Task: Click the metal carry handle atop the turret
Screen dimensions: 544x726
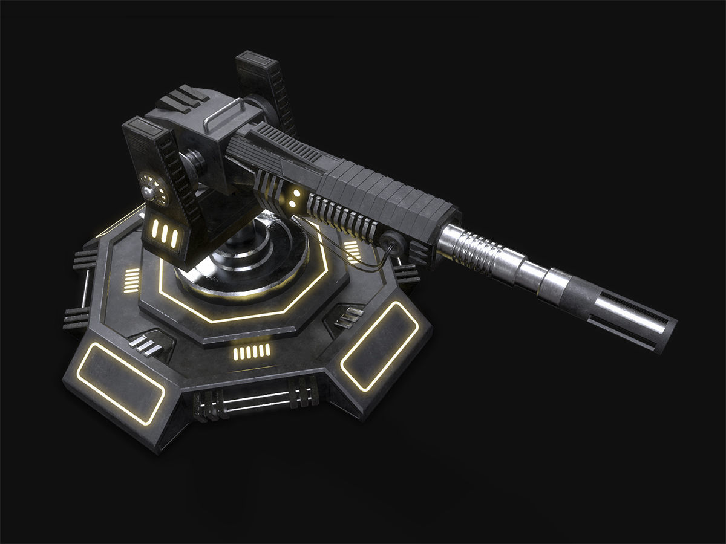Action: (224, 115)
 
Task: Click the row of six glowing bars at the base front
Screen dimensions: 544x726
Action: (252, 352)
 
